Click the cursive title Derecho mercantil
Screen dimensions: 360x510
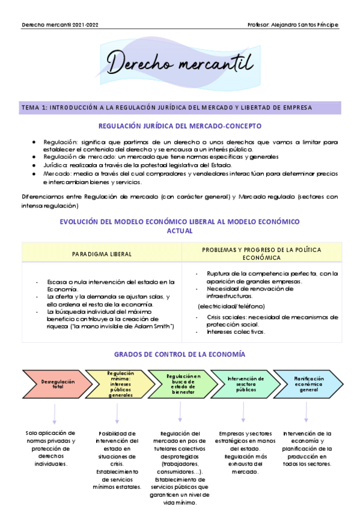pos(180,62)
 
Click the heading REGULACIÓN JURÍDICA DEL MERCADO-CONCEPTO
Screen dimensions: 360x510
pos(180,126)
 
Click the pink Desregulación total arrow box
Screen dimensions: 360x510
pos(53,383)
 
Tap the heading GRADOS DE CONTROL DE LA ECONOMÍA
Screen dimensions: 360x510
pos(180,355)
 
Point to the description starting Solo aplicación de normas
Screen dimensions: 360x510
pos(50,448)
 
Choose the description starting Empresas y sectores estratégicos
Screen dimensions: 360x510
pos(243,452)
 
